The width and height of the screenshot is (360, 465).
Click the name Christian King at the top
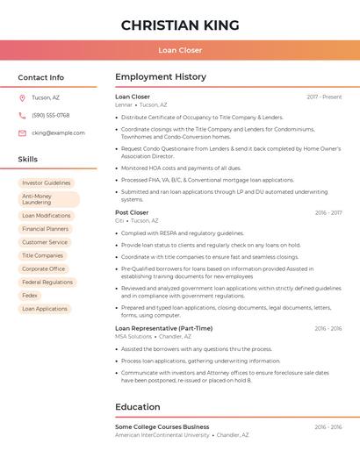coord(180,25)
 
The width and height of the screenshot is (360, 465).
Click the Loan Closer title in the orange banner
coord(180,50)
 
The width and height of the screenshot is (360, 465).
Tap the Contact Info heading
coord(40,77)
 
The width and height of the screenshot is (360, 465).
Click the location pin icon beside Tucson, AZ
coord(23,97)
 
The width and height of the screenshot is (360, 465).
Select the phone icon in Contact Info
coord(23,115)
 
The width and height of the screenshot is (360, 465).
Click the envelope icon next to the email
coord(23,133)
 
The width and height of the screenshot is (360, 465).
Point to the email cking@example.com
coord(58,133)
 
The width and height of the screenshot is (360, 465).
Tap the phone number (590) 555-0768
coord(51,115)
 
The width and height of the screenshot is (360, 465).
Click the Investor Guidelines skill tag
coord(46,183)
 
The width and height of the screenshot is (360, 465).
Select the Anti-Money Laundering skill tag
coord(48,199)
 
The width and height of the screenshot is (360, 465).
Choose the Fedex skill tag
coord(30,296)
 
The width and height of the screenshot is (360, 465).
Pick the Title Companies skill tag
coord(42,255)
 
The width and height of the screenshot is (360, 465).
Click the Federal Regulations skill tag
coord(47,283)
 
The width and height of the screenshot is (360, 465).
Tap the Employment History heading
coord(161,77)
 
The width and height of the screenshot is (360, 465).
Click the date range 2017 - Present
coord(324,97)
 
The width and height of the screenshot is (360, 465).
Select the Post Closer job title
coord(132,212)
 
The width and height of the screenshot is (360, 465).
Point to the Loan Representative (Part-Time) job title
coord(163,328)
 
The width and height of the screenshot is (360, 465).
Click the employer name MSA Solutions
coord(133,336)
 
